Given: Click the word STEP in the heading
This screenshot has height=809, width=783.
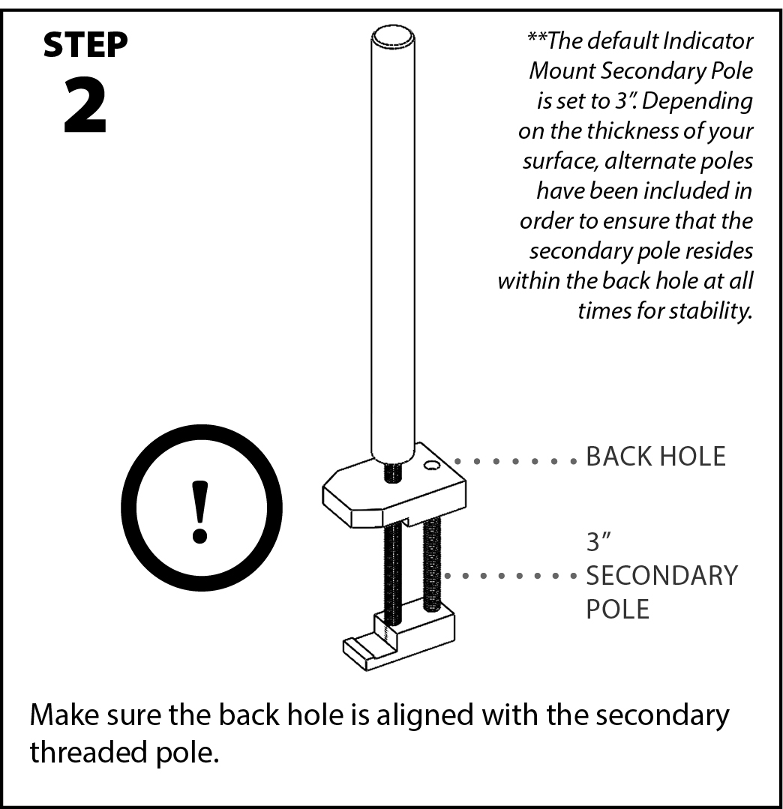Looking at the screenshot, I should [x=85, y=46].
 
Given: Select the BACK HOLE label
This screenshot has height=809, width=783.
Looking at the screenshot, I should [x=655, y=457].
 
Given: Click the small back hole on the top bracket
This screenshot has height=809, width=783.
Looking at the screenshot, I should [x=431, y=466].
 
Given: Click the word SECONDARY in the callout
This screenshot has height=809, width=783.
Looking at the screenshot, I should [x=661, y=576].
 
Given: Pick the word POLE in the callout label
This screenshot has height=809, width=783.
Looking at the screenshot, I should [x=617, y=609].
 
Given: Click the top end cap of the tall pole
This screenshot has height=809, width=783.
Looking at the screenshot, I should [x=392, y=37].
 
